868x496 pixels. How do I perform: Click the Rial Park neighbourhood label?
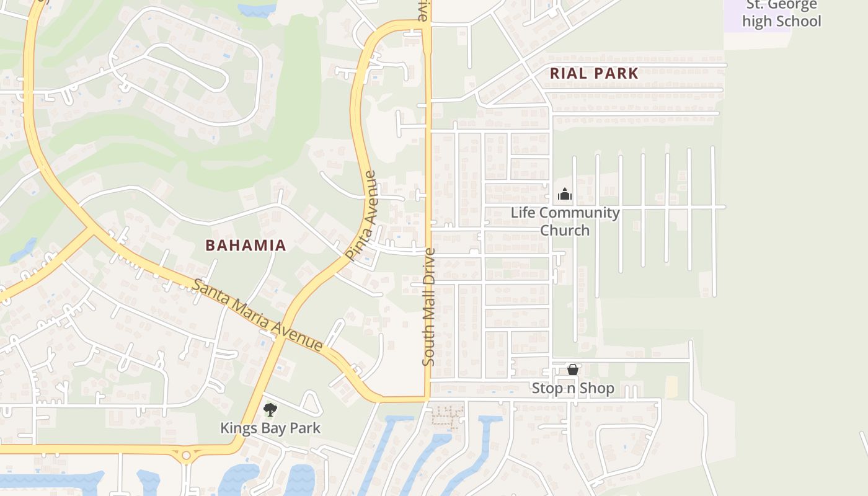point(594,73)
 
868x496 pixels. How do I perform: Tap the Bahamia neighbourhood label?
point(246,246)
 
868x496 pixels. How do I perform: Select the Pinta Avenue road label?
point(362,216)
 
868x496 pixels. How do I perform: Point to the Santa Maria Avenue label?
point(257,316)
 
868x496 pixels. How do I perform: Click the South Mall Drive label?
point(429,307)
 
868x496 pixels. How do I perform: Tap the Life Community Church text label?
point(565,221)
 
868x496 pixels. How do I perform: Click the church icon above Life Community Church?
point(564,195)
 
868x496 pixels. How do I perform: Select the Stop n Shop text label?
point(573,389)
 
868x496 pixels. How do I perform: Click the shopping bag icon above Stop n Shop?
point(573,370)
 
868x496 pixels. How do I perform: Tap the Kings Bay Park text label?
point(270,428)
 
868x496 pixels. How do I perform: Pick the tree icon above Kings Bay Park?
point(270,409)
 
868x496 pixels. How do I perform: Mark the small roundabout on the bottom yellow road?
point(186,455)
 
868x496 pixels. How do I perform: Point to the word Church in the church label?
point(565,230)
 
